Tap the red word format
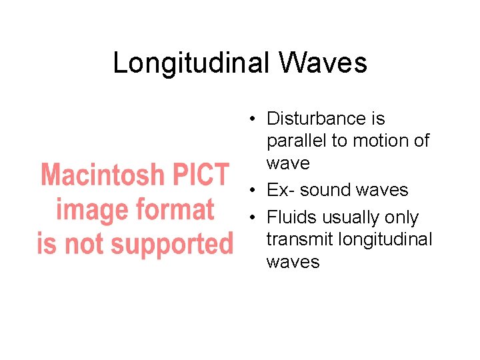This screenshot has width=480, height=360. [175, 209]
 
